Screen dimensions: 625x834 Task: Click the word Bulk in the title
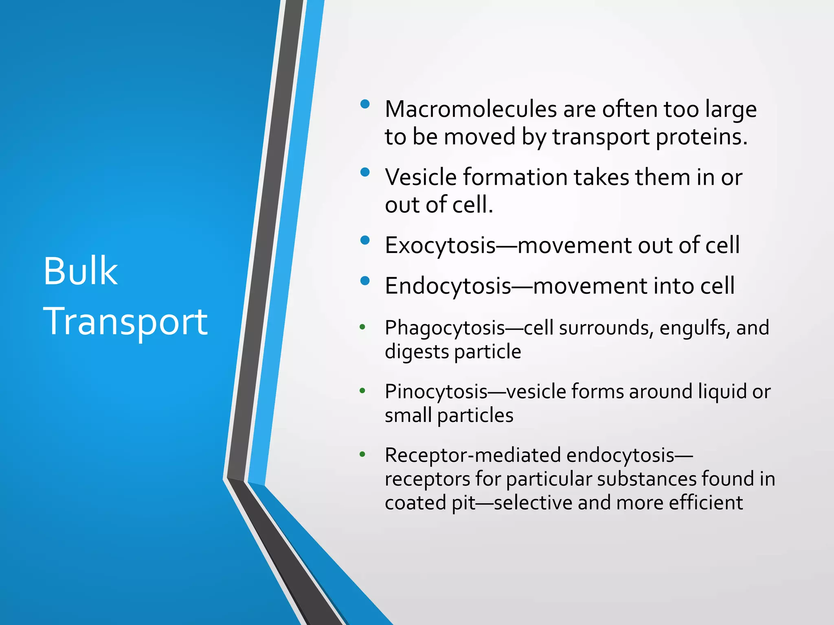pyautogui.click(x=80, y=271)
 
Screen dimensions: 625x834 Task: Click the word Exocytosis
pyautogui.click(x=440, y=246)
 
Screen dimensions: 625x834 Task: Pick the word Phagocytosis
pyautogui.click(x=445, y=328)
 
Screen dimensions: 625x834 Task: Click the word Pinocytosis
pyautogui.click(x=436, y=392)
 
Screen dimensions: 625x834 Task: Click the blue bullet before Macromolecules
pyautogui.click(x=365, y=104)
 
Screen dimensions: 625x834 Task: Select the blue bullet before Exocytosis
pyautogui.click(x=365, y=240)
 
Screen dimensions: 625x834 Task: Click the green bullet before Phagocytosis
pyautogui.click(x=362, y=327)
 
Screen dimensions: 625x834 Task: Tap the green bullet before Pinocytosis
pyautogui.click(x=362, y=391)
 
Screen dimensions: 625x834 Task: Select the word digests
pyautogui.click(x=416, y=352)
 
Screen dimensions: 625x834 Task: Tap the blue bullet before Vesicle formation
pyautogui.click(x=365, y=172)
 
